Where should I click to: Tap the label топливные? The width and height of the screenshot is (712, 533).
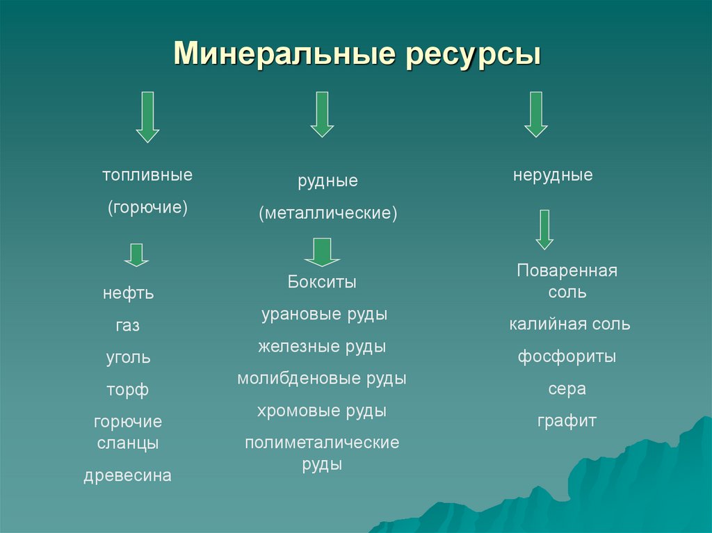pyautogui.click(x=147, y=175)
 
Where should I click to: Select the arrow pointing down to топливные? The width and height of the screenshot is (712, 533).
pyautogui.click(x=147, y=116)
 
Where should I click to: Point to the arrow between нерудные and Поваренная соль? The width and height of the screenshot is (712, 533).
pyautogui.click(x=544, y=229)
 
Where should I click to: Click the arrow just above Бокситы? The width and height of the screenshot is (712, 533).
pyautogui.click(x=322, y=252)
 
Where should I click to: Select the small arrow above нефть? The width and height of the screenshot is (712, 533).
pyautogui.click(x=136, y=255)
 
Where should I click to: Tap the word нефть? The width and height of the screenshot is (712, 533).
pyautogui.click(x=128, y=294)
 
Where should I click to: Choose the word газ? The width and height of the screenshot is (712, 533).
pyautogui.click(x=128, y=326)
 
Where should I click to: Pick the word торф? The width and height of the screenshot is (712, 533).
pyautogui.click(x=128, y=391)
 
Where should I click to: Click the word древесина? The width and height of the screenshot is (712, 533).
pyautogui.click(x=128, y=476)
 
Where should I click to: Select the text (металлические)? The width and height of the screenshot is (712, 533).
pyautogui.click(x=328, y=213)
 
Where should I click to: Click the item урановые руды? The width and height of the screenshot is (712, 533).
pyautogui.click(x=324, y=315)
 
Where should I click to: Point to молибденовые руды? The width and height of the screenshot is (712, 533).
pyautogui.click(x=322, y=379)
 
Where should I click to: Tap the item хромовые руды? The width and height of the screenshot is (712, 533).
pyautogui.click(x=322, y=411)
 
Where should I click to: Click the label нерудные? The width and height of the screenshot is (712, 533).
pyautogui.click(x=553, y=175)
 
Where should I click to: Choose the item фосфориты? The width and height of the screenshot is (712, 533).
pyautogui.click(x=567, y=357)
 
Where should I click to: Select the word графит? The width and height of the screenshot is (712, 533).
pyautogui.click(x=567, y=421)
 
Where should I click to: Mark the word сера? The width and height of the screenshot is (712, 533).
pyautogui.click(x=567, y=389)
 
